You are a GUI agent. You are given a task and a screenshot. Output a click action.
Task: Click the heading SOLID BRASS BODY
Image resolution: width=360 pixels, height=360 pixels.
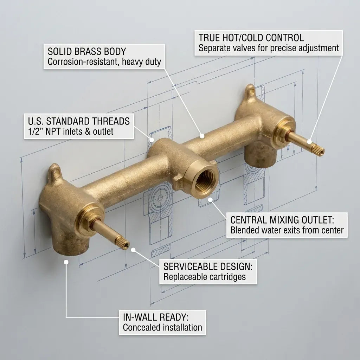pyautogui.click(x=86, y=52)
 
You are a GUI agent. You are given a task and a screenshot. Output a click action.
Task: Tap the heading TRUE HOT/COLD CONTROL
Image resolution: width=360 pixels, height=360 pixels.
pyautogui.click(x=251, y=38)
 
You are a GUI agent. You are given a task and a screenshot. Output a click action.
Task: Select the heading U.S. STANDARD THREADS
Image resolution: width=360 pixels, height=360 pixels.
pyautogui.click(x=79, y=122)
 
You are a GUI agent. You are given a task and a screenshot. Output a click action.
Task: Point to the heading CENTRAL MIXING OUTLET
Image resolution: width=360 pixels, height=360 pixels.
pyautogui.click(x=282, y=220)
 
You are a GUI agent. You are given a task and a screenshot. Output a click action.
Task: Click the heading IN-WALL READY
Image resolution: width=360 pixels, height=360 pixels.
pyautogui.click(x=156, y=317)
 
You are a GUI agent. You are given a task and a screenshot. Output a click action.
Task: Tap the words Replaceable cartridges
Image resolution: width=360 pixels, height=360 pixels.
pyautogui.click(x=205, y=277)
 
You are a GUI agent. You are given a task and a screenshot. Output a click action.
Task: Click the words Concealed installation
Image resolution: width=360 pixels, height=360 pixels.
pyautogui.click(x=162, y=328)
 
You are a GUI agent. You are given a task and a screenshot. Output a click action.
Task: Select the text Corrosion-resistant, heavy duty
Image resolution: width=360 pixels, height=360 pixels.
pyautogui.click(x=104, y=62)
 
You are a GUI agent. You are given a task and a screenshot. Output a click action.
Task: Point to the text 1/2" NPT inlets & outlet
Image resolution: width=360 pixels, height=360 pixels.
pyautogui.click(x=71, y=132)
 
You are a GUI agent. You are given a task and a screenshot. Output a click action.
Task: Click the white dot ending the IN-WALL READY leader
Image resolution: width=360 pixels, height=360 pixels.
pyautogui.click(x=66, y=262)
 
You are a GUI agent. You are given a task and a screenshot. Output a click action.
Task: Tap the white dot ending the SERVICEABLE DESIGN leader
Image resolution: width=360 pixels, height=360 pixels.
pyautogui.click(x=133, y=250)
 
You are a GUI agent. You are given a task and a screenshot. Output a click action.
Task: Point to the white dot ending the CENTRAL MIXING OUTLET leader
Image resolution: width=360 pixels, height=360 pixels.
pyautogui.click(x=211, y=199)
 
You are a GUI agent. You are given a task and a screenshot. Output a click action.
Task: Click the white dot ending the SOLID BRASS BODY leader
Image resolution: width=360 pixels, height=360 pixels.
pyautogui.click(x=202, y=135)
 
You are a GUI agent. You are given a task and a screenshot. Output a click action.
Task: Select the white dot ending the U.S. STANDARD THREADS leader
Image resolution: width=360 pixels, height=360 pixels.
pyautogui.click(x=152, y=140)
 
